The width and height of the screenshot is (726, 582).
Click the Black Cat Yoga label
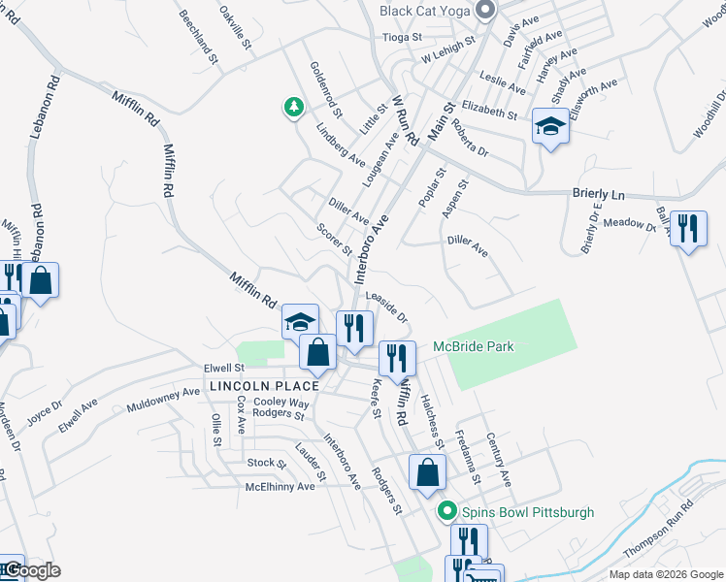(425, 11)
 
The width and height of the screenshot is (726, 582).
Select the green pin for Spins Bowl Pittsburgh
(446, 511)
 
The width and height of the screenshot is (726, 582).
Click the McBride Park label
(473, 346)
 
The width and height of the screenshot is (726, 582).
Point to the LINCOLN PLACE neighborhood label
(251, 386)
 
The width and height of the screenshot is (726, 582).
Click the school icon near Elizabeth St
(550, 127)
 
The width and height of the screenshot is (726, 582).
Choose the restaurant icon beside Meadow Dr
(688, 230)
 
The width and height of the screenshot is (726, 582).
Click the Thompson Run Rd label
(660, 530)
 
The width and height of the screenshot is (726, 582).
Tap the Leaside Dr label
(386, 307)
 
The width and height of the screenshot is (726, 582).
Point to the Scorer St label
(335, 241)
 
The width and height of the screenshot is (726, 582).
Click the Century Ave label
(498, 459)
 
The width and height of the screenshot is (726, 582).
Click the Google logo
(31, 570)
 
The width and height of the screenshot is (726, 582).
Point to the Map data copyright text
(666, 574)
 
